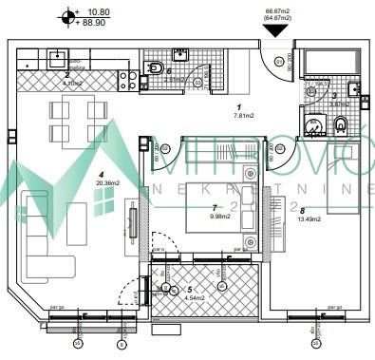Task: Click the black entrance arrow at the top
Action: tap(275, 30)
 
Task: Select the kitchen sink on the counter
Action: tap(59, 55)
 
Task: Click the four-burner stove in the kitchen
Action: tap(126, 81)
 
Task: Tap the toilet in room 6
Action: tap(154, 67)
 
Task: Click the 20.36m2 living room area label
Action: tap(105, 185)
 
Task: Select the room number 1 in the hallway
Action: tap(239, 107)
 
